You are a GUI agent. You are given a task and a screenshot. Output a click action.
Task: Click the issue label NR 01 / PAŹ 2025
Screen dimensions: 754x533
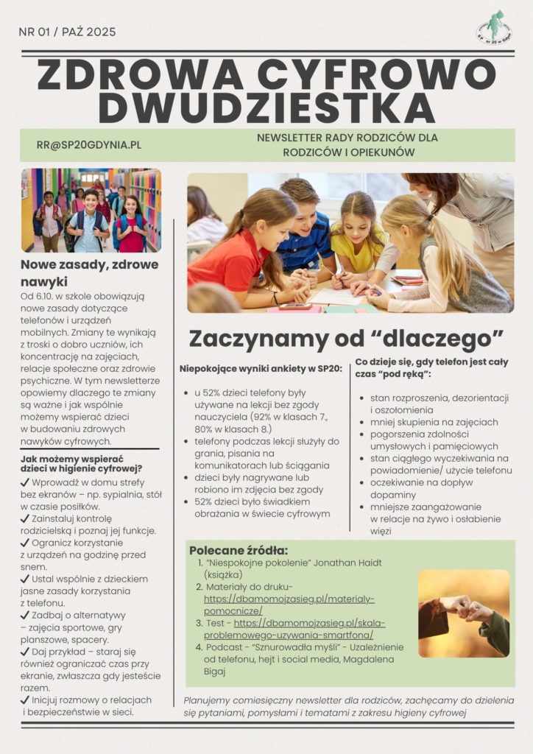point(67,32)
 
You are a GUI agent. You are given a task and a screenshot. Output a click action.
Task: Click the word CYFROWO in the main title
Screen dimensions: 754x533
point(381,74)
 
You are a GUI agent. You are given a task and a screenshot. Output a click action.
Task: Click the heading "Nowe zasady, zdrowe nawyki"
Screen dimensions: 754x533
point(89,272)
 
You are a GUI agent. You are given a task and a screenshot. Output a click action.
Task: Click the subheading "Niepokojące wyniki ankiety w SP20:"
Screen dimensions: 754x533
point(261,368)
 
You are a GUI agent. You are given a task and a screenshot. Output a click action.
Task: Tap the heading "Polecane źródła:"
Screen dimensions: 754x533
point(239,551)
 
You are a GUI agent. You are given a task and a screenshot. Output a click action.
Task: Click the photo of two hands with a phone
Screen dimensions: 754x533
point(463,613)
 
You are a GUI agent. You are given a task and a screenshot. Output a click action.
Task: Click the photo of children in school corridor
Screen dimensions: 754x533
point(91,211)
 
